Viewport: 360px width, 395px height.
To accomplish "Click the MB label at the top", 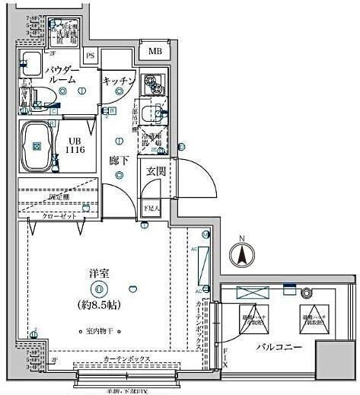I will [x=155, y=51].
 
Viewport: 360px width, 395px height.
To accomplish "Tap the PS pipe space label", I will [x=91, y=56].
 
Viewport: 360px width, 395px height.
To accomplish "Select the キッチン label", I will [x=119, y=81].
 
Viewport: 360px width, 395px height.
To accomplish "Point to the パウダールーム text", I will [x=60, y=75].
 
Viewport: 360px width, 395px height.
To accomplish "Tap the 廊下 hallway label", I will [x=118, y=161].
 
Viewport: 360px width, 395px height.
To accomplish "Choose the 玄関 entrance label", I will [x=155, y=171].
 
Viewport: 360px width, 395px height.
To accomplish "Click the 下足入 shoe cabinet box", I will [x=151, y=207].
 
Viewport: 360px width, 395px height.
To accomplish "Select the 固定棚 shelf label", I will [x=59, y=196].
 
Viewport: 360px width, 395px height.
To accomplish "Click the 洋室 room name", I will [x=96, y=271].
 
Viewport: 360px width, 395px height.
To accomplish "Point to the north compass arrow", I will [x=241, y=253].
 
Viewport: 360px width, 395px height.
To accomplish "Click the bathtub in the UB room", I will [x=37, y=145].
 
